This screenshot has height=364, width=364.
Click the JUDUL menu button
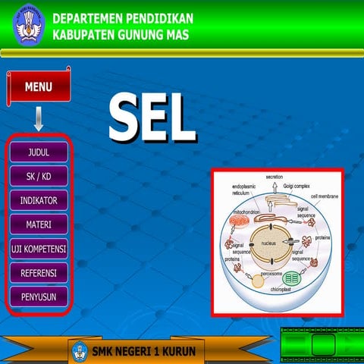39,152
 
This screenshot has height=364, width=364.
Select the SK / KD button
39,176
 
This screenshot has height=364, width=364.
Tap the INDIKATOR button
39,200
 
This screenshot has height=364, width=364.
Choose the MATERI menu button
39,224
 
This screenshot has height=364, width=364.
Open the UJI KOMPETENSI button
39,249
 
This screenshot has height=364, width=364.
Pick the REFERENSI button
39,272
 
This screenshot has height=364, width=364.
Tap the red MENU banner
37,87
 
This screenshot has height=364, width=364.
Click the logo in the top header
28,23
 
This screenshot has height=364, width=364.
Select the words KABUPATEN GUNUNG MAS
121,36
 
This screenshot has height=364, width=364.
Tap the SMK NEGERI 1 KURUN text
144,352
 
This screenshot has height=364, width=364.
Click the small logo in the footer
80,351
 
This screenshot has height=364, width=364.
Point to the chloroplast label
282,290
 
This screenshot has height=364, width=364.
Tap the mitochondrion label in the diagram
248,212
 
